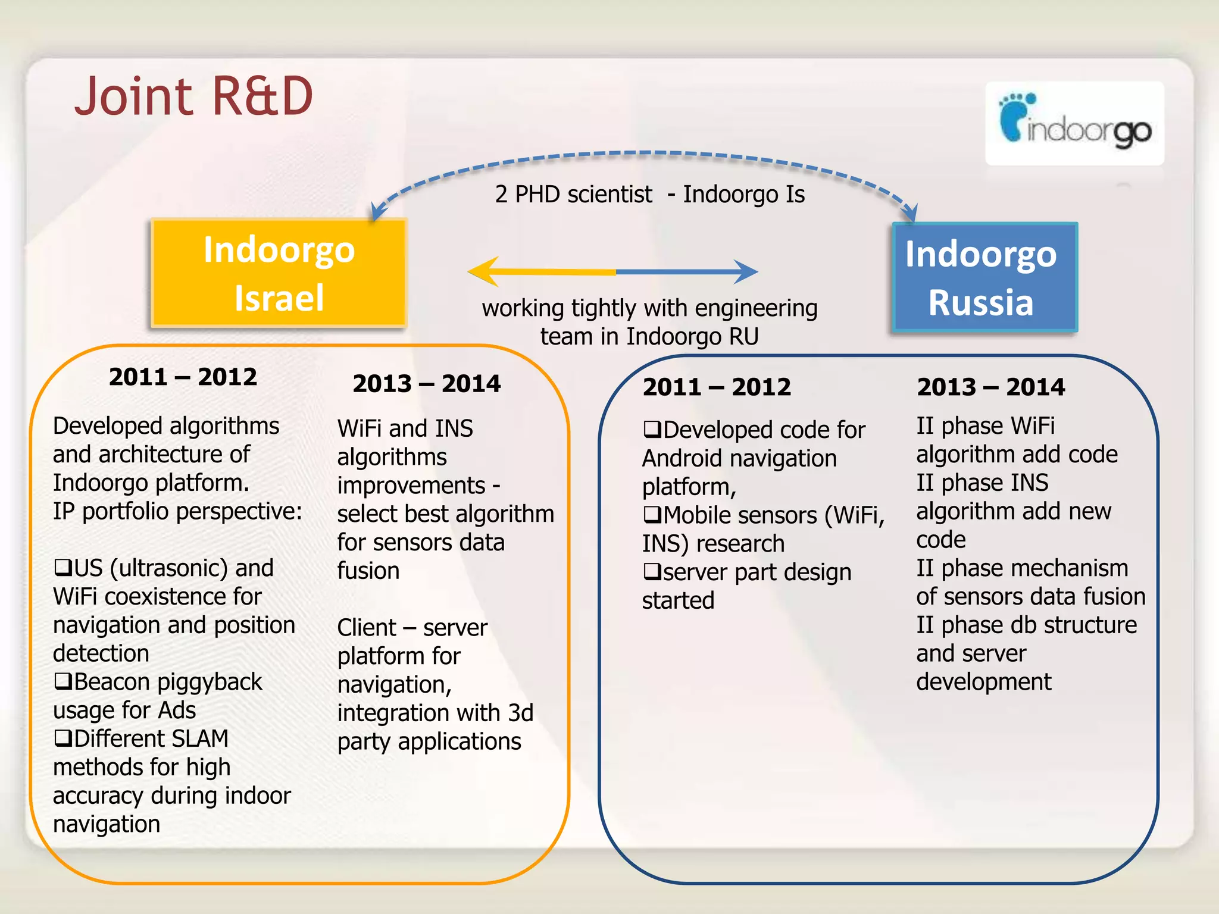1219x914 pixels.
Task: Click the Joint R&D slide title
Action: [x=193, y=96]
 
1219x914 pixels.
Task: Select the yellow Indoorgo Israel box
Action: [x=279, y=273]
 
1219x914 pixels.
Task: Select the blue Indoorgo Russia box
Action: [x=984, y=277]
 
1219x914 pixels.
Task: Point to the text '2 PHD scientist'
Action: [x=573, y=195]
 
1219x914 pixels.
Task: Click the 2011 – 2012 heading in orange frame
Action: [x=183, y=377]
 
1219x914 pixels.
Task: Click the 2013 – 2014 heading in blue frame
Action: [x=990, y=387]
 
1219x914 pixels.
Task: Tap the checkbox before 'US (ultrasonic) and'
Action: [x=62, y=567]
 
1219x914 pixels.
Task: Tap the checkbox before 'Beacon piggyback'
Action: [x=62, y=681]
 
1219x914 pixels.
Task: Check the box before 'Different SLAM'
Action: [x=62, y=738]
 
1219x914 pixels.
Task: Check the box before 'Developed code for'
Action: [x=652, y=429]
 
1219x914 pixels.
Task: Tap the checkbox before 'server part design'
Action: [x=652, y=572]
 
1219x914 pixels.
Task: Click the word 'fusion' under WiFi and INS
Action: [x=368, y=571]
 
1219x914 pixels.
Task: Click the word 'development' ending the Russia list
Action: [x=983, y=682]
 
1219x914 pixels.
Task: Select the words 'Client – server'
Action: [x=412, y=628]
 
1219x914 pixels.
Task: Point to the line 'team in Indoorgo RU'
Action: [x=649, y=337]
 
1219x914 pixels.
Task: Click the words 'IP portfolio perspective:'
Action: [x=177, y=511]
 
